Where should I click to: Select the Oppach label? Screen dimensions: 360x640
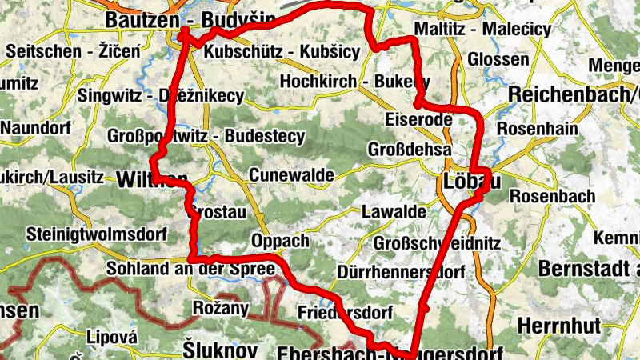[279, 241]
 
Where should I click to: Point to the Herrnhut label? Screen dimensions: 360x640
[557, 326]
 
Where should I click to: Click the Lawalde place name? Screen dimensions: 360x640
[394, 212]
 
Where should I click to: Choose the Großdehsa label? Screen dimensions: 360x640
[410, 150]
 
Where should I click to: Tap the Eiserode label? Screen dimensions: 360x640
[418, 120]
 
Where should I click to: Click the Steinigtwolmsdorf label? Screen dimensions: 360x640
[96, 235]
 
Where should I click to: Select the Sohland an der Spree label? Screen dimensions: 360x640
[190, 269]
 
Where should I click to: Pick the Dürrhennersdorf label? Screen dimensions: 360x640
[402, 273]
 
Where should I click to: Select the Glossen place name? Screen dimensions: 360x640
[498, 59]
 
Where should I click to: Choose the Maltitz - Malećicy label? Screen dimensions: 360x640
[483, 30]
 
